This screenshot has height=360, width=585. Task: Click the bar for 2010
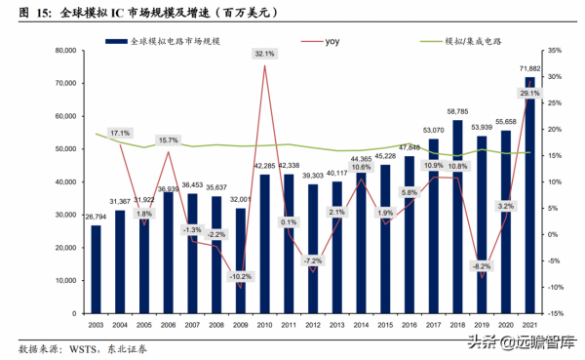pyautogui.click(x=265, y=244)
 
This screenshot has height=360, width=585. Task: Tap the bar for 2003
pyautogui.click(x=96, y=269)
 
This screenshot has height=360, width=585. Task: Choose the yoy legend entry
pyautogui.click(x=330, y=43)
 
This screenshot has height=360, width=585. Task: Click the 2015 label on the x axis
pyautogui.click(x=384, y=325)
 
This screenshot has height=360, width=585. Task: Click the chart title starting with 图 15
pyautogui.click(x=146, y=12)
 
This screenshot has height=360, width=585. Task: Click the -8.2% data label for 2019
pyautogui.click(x=481, y=265)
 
